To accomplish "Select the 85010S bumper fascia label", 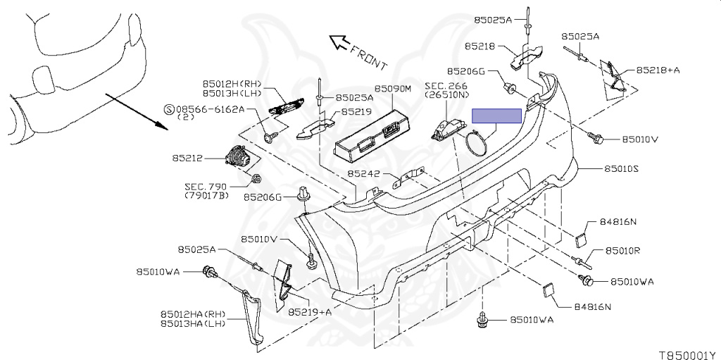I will pyautogui.click(x=621, y=169).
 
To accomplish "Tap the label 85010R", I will pyautogui.click(x=621, y=251).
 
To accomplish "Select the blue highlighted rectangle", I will pyautogui.click(x=496, y=116).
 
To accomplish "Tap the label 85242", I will pyautogui.click(x=363, y=173).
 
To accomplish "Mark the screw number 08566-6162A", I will pyautogui.click(x=211, y=109).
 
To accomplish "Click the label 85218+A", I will pyautogui.click(x=658, y=70).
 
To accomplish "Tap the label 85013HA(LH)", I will pyautogui.click(x=192, y=323).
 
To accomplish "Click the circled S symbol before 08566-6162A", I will pyautogui.click(x=168, y=109).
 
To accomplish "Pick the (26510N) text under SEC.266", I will pyautogui.click(x=446, y=95).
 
